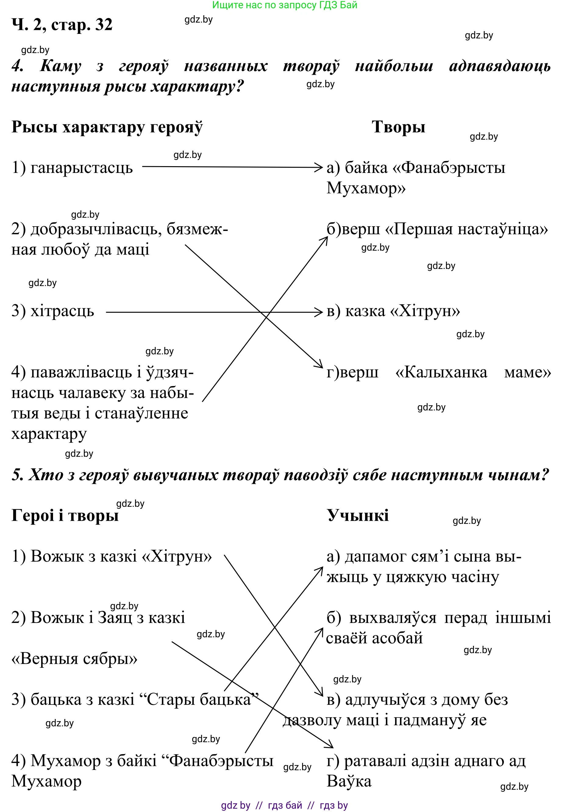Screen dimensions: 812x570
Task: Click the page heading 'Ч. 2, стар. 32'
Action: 62,25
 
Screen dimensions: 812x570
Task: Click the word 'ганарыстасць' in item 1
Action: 81,168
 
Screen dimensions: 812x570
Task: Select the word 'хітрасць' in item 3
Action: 62,311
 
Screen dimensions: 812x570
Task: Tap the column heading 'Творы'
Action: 398,127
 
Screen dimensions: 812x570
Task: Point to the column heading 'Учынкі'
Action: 358,515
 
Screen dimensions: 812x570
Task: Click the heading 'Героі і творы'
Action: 65,515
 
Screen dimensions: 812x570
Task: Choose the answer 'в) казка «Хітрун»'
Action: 393,311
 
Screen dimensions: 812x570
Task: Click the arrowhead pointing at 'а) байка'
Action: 319,167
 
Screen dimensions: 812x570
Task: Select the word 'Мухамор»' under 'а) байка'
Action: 365,188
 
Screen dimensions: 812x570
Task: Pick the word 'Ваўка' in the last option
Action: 349,781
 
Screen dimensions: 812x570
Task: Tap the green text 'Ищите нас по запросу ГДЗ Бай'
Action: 285,5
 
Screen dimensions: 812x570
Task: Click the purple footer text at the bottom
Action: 284,805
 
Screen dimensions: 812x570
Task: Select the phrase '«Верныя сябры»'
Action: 74,659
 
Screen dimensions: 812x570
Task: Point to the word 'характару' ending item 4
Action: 49,434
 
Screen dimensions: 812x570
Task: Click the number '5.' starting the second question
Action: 17,475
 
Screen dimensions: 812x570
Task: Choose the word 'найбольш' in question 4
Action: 394,66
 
